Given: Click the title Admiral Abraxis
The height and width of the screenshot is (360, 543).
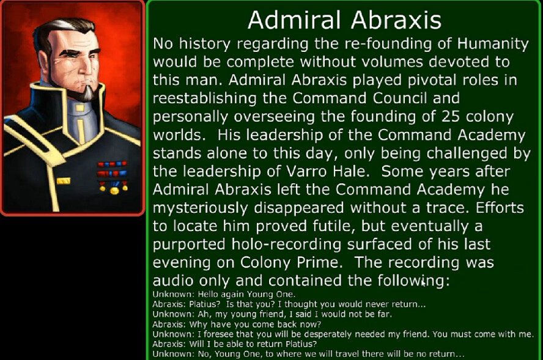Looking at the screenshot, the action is pos(344,20).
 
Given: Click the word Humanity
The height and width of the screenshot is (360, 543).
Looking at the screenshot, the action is pos(493,44).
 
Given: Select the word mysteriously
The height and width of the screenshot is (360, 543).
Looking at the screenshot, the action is pos(200,208).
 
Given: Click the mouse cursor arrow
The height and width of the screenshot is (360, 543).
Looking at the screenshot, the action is pos(423,284).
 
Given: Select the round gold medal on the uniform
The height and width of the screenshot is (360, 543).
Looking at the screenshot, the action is pos(114,190).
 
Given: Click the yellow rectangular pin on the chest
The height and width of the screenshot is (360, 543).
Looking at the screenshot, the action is pos(64,181).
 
